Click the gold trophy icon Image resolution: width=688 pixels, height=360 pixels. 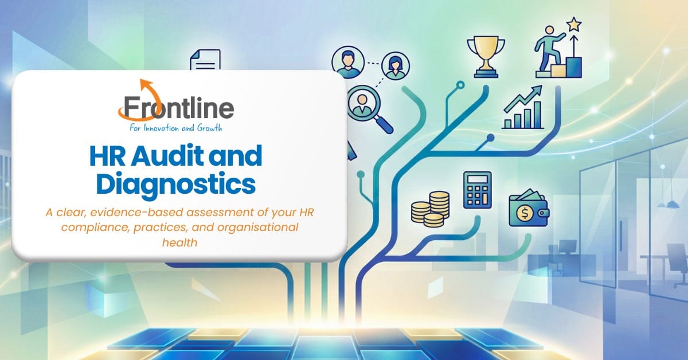pyautogui.click(x=486, y=57)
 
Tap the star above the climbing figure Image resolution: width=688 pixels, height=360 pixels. pyautogui.click(x=574, y=25)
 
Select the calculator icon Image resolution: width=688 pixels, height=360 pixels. pyautogui.click(x=477, y=190)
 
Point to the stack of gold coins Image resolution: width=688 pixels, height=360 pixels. pyautogui.click(x=431, y=209)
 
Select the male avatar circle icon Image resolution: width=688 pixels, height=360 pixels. pyautogui.click(x=348, y=62)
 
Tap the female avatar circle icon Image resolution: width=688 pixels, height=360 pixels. pyautogui.click(x=395, y=66)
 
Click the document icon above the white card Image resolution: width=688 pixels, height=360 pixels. pyautogui.click(x=205, y=60)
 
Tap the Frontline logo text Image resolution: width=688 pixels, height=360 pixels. pyautogui.click(x=178, y=108)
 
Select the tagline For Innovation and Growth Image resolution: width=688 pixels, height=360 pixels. pyautogui.click(x=175, y=128)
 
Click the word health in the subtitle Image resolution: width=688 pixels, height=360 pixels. pyautogui.click(x=179, y=242)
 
